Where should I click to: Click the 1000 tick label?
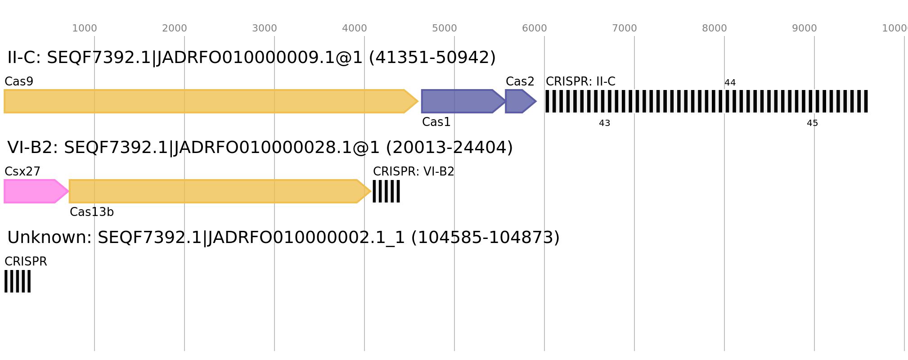tap(85, 28)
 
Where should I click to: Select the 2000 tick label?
tap(175, 28)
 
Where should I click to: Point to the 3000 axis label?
tap(265, 28)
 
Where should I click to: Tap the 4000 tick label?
tap(355, 28)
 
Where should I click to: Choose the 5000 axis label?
tap(445, 28)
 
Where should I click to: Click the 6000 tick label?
tap(535, 28)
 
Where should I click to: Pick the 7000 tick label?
tap(625, 28)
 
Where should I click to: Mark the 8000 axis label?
tap(715, 28)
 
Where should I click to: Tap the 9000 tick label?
tap(805, 28)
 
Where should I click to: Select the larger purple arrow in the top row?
tap(459, 101)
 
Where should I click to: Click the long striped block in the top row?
tap(706, 101)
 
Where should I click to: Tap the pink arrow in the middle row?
tap(31, 191)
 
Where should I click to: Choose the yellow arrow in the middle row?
tap(216, 191)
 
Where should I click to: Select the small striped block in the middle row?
tap(386, 191)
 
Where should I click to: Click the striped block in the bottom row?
tap(18, 281)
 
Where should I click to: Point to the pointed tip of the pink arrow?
tap(68, 191)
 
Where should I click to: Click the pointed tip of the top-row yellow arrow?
tap(418, 101)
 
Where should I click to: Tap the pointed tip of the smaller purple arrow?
tap(536, 101)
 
